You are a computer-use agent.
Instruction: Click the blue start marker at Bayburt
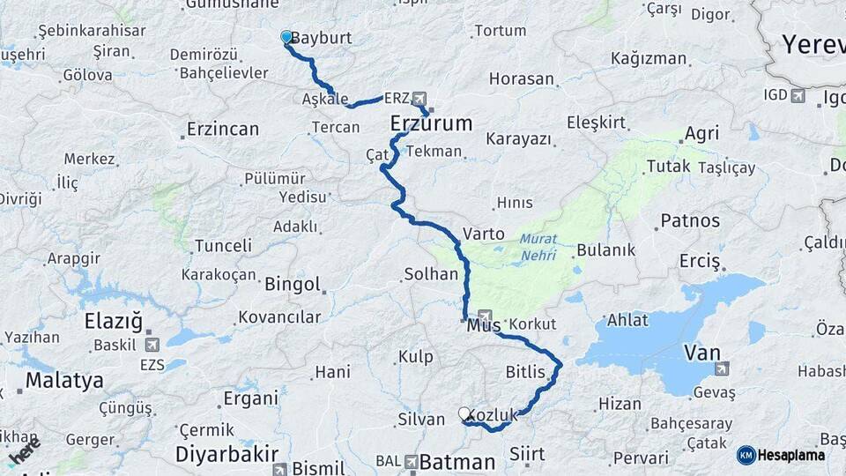point(286,37)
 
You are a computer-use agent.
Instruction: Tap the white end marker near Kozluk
point(465,413)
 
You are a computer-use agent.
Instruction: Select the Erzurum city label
point(431,123)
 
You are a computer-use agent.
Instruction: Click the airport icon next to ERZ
point(418,98)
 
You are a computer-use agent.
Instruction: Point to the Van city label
point(702,353)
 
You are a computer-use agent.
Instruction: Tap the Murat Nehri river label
point(538,244)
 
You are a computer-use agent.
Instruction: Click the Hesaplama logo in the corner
point(782,455)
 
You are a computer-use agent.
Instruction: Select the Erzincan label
point(223,130)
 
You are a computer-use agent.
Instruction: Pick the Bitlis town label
point(525,372)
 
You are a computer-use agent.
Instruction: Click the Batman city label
point(457,462)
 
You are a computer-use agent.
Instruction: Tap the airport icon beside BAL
point(412,461)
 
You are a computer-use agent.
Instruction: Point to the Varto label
point(484,234)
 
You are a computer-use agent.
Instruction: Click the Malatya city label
point(64,381)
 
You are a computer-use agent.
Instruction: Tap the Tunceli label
point(223,245)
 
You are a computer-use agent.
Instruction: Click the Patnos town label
point(690,220)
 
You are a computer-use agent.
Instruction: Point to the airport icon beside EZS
point(151,344)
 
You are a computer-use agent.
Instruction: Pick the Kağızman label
point(649,59)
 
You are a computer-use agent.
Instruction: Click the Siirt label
point(527,455)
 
